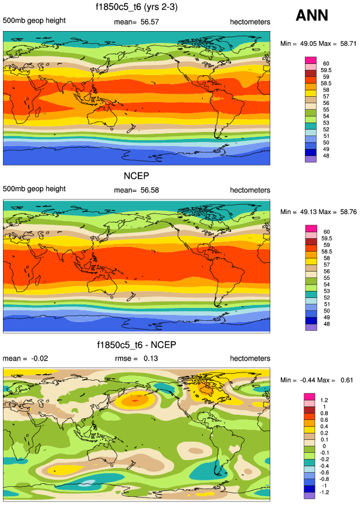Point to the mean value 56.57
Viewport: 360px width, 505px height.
point(150,22)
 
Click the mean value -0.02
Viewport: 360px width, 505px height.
point(32,358)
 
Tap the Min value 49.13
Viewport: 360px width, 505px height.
point(311,212)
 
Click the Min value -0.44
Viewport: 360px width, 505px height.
point(310,380)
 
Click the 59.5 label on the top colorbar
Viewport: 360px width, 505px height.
point(326,70)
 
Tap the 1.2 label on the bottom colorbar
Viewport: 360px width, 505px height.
point(324,400)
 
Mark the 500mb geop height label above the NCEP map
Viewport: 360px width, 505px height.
point(34,190)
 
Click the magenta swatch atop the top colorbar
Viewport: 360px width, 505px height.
point(311,60)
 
